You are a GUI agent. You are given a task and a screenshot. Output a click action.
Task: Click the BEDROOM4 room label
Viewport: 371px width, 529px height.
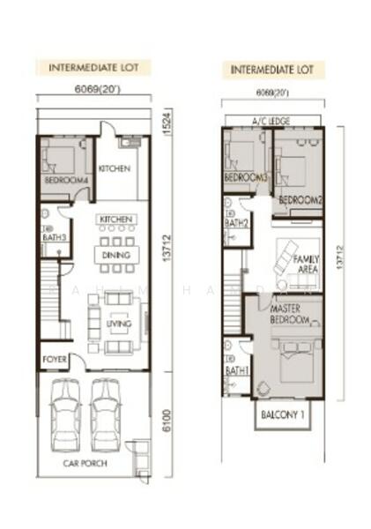point(66,181)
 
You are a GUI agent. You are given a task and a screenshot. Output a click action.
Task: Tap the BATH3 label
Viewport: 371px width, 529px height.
point(54,236)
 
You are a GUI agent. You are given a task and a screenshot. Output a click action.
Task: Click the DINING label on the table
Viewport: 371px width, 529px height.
point(116,256)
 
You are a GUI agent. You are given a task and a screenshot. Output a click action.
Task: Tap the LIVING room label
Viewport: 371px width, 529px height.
point(117,324)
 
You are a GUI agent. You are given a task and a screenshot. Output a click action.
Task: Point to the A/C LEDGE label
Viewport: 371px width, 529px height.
point(272,121)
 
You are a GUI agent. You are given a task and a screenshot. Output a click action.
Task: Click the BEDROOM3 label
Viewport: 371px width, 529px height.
point(245,178)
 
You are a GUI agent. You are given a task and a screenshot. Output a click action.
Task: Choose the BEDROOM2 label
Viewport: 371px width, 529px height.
point(301,200)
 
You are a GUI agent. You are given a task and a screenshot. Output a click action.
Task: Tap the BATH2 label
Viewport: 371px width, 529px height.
point(235,223)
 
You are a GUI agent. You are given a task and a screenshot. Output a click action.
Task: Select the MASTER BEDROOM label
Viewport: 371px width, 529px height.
point(290,315)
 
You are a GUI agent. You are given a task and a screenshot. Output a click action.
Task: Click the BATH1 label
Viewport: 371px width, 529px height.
point(236,371)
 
